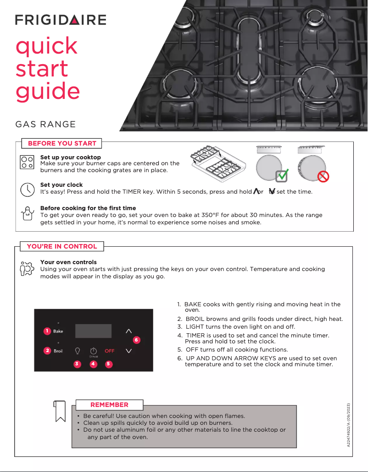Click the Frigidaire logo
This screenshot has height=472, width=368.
(x=61, y=20)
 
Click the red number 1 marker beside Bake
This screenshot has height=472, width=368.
(x=47, y=331)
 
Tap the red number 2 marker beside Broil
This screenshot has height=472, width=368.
(x=47, y=351)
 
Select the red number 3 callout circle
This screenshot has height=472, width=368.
(x=77, y=364)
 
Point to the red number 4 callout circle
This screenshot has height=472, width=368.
(x=93, y=364)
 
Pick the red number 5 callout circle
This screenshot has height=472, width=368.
(x=108, y=364)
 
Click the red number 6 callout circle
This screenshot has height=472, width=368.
(x=136, y=340)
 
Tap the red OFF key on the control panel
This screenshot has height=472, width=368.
(x=110, y=351)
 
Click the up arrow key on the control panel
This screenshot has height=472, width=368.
(x=128, y=330)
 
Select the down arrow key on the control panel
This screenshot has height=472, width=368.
(x=128, y=351)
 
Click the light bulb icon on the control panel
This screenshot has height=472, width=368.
(x=78, y=350)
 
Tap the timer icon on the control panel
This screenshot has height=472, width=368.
(x=93, y=350)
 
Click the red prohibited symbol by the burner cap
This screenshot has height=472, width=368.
(x=323, y=176)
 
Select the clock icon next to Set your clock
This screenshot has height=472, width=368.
(x=27, y=189)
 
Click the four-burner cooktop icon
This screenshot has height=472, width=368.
(x=27, y=163)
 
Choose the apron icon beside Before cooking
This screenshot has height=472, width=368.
(x=27, y=213)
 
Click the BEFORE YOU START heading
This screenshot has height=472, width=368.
(x=62, y=143)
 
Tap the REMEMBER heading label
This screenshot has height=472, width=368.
(x=109, y=405)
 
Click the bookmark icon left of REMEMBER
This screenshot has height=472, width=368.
(x=60, y=411)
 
